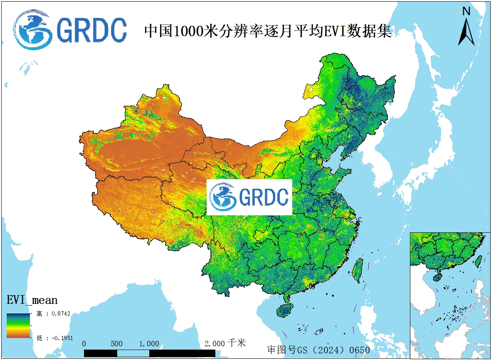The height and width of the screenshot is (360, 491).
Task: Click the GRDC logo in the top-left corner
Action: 70,30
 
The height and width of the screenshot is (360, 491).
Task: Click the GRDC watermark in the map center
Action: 249,197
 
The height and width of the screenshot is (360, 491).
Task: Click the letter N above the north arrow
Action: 466,11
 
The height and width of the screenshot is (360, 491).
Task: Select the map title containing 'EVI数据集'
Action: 268,31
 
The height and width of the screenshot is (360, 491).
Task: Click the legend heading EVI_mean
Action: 32,300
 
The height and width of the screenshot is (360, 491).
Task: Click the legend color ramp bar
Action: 18,325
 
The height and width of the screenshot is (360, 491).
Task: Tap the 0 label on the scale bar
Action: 84,344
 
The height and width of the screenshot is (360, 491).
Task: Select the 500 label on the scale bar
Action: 117,344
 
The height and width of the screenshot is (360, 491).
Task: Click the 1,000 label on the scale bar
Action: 149,344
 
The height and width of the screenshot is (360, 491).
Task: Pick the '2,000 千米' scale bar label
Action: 225,343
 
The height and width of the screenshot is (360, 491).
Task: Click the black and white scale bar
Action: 150,353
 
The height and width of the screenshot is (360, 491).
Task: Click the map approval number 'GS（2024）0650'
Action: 318,350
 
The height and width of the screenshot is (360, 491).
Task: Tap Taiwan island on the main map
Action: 358,269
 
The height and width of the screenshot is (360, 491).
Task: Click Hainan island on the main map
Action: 285,310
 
